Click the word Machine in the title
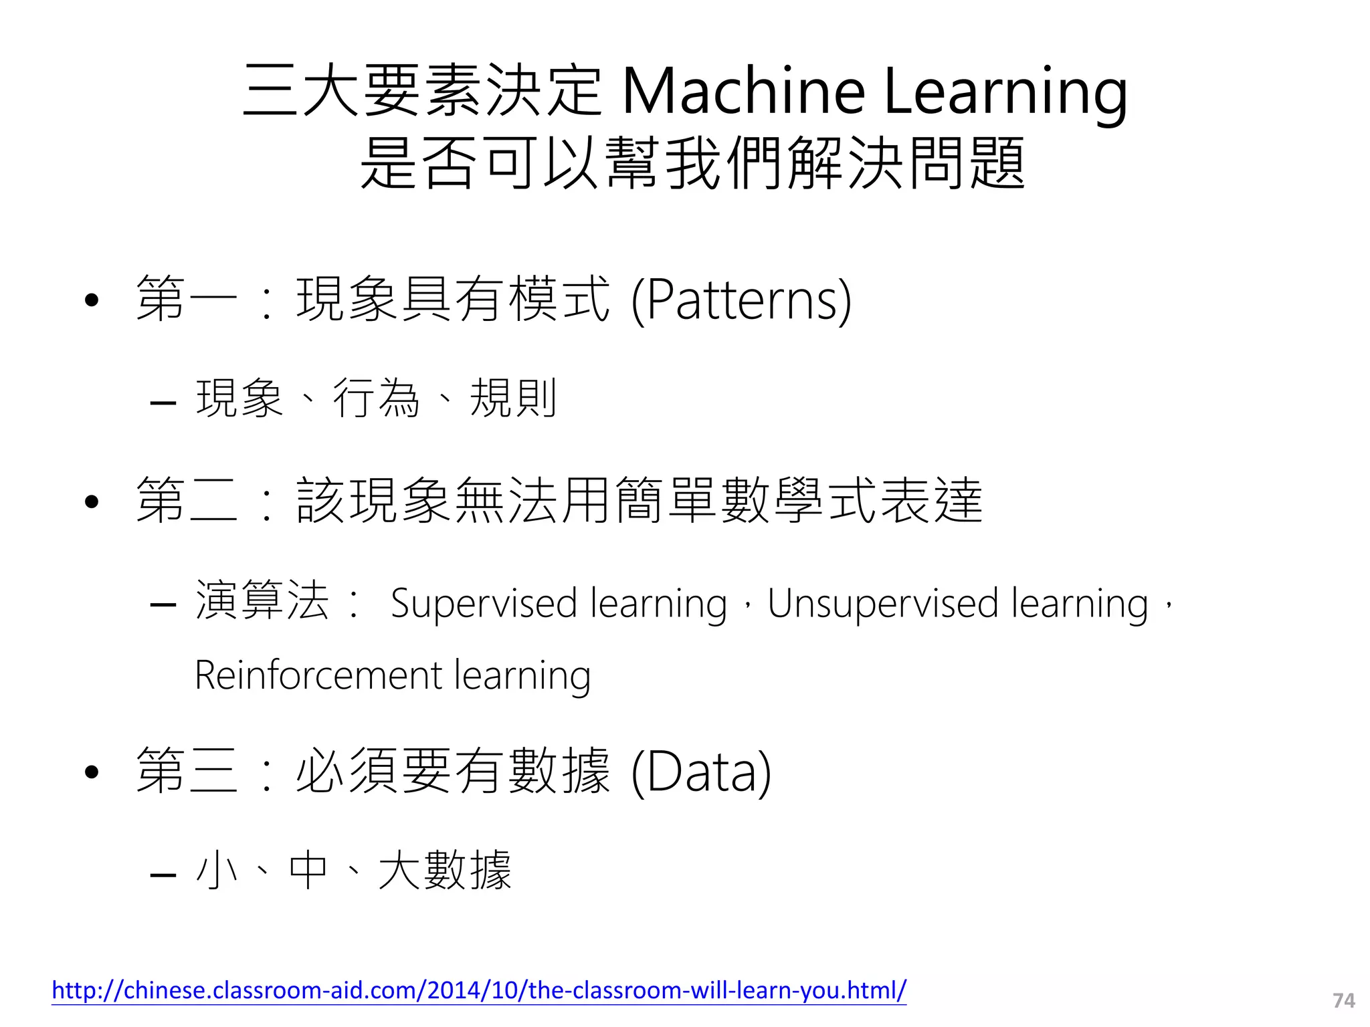coord(743,91)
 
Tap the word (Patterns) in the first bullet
coord(741,300)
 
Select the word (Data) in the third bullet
coord(701,772)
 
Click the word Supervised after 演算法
coord(483,603)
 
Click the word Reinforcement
coord(318,675)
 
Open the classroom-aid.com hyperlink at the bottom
coord(479,990)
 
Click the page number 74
coord(1343,1000)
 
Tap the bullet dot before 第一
coord(92,300)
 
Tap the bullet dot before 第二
coord(92,501)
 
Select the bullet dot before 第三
coord(92,772)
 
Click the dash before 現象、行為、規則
coord(163,403)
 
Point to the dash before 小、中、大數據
coord(163,874)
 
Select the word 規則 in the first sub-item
coord(513,398)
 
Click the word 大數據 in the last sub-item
coord(445,870)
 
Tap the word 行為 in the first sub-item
coord(376,398)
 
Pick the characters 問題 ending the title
coord(965,162)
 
